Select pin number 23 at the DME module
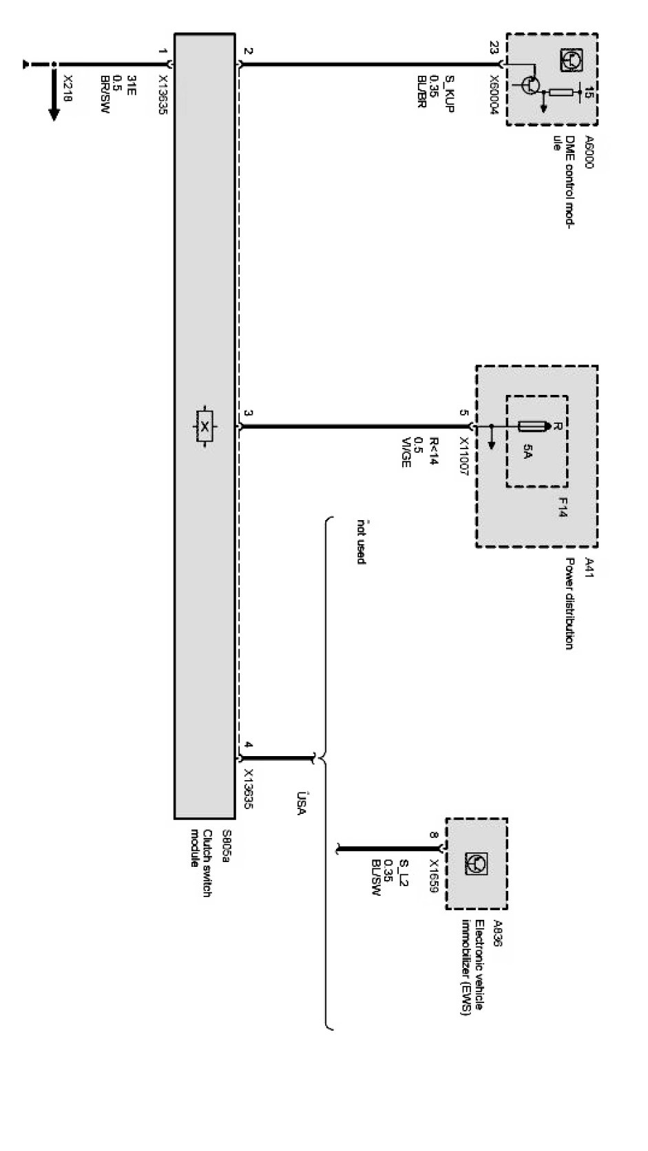pyautogui.click(x=494, y=47)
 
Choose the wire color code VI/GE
pyautogui.click(x=406, y=453)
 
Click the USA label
pyautogui.click(x=301, y=804)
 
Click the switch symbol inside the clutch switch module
pyautogui.click(x=205, y=427)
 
